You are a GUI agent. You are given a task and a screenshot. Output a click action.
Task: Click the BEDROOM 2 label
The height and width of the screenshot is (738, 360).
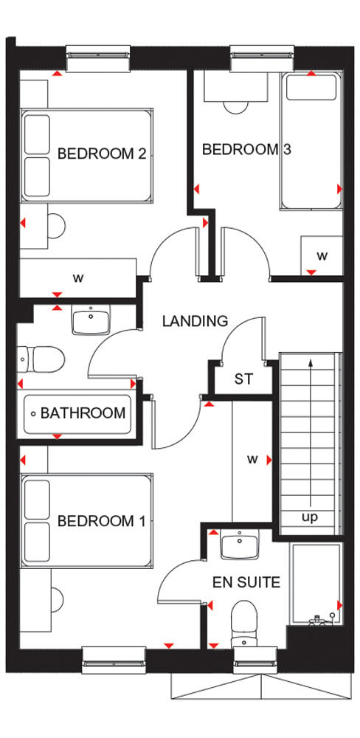pos(102,154)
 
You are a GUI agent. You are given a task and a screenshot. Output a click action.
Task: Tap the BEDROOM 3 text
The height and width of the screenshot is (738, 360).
pos(246,150)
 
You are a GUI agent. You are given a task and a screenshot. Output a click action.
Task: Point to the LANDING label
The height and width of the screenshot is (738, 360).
pos(195,321)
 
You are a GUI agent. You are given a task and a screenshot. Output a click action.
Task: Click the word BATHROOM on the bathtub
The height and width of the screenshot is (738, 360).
pos(83,413)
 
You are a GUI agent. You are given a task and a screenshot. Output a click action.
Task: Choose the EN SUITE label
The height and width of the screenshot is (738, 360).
pos(247,583)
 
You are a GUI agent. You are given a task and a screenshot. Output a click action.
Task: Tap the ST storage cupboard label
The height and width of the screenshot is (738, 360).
pos(243,380)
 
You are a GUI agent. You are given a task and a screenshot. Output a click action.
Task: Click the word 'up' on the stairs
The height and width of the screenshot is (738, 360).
pos(310,517)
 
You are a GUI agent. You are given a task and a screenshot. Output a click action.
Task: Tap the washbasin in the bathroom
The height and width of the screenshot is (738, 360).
pos(91,320)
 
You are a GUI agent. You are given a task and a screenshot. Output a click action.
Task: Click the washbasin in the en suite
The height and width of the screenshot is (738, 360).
pos(240,546)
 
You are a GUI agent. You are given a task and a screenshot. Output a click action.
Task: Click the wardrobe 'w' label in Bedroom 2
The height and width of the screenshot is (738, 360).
pos(77,278)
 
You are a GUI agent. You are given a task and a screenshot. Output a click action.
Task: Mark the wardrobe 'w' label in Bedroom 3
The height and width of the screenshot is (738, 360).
pos(322,256)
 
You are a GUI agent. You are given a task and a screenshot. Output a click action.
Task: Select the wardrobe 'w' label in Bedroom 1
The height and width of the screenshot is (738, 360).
pos(252,460)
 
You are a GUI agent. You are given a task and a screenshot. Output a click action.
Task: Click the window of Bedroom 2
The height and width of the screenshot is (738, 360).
pos(98,55)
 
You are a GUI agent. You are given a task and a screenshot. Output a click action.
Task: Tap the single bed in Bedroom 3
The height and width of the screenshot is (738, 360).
pos(310,140)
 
